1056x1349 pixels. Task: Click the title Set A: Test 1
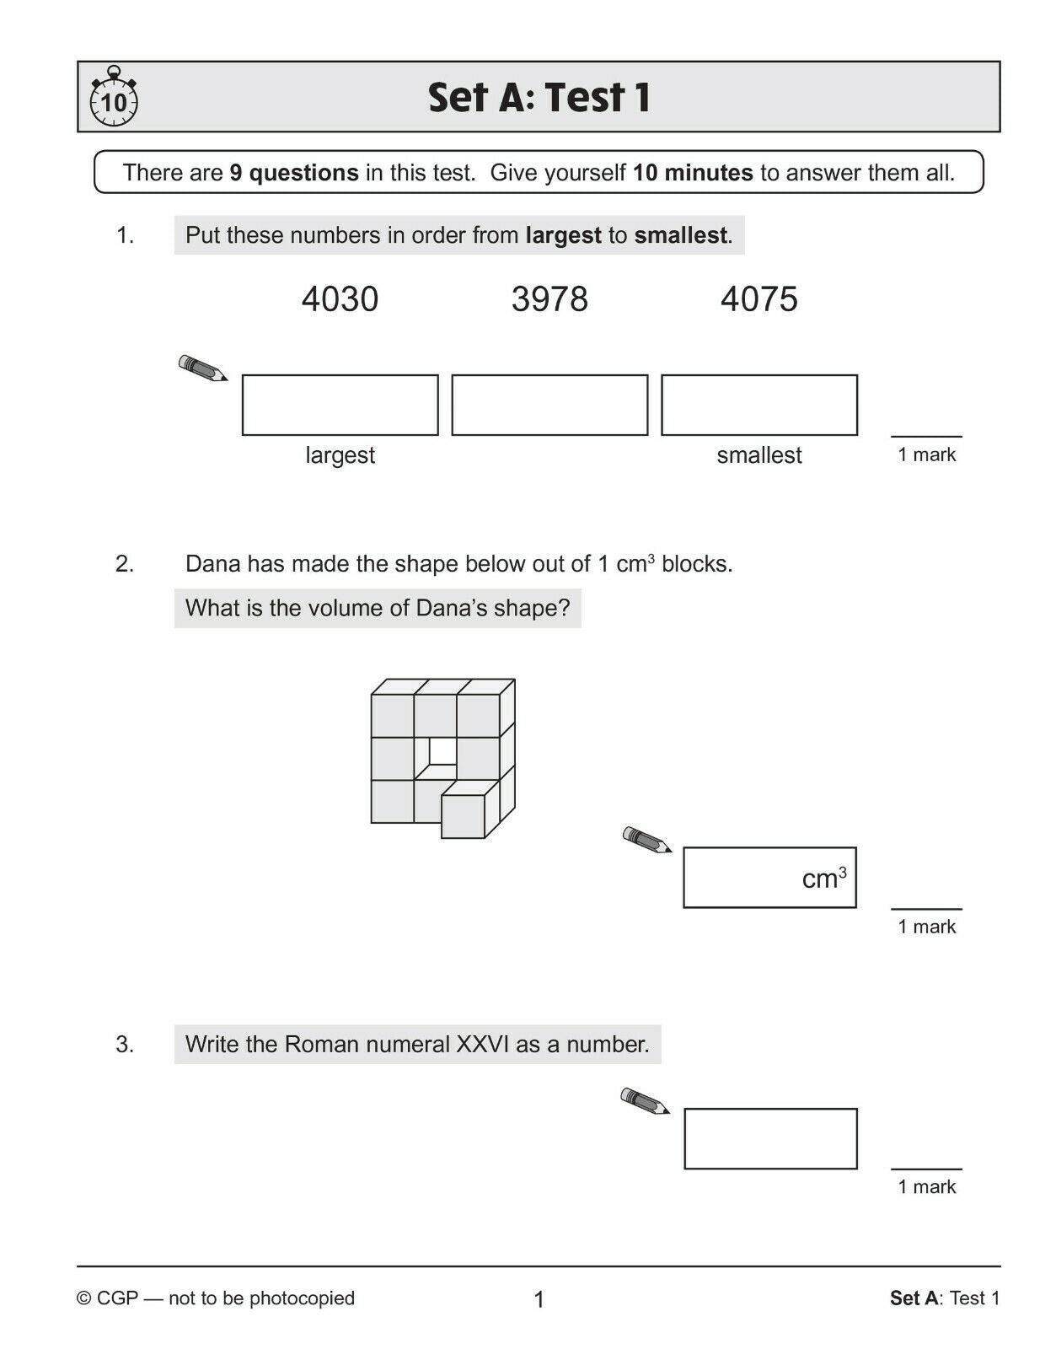[x=539, y=98]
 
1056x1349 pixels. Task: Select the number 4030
[x=340, y=299]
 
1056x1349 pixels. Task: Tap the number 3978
[x=549, y=299]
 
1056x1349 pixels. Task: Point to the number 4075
[x=758, y=299]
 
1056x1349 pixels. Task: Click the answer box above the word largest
[x=340, y=405]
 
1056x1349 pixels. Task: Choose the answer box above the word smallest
[x=758, y=405]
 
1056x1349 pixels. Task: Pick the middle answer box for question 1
[x=549, y=405]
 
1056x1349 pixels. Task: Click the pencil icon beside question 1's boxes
[x=202, y=368]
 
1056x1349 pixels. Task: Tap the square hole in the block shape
[x=442, y=750]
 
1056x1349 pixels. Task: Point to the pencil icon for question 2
[x=646, y=840]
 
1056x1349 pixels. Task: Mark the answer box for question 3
[x=770, y=1139]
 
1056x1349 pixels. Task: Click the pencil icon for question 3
[x=645, y=1101]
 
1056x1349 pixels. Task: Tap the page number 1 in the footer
[x=539, y=1299]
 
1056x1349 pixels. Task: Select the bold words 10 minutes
[x=693, y=173]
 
